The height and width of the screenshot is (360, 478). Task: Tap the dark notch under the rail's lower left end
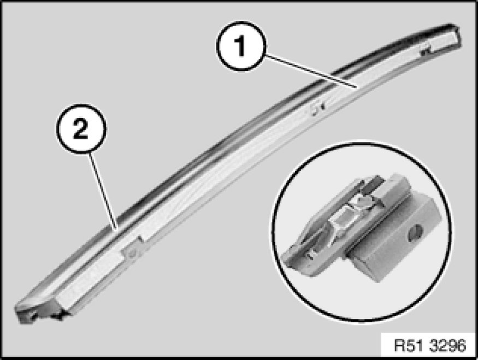click(57, 316)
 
